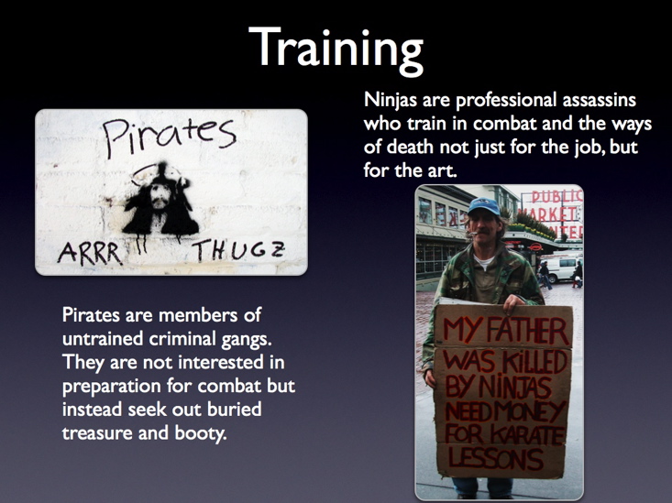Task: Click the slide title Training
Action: click(x=336, y=50)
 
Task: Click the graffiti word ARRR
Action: click(x=90, y=253)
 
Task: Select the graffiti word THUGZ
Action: click(x=238, y=251)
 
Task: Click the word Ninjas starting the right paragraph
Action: click(x=391, y=101)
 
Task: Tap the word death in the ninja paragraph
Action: click(x=411, y=147)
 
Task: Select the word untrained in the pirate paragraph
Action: click(x=103, y=339)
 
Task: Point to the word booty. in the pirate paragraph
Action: click(x=200, y=433)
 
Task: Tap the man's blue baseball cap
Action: click(x=484, y=206)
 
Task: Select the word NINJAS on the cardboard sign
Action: click(x=514, y=387)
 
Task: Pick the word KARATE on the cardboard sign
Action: click(x=527, y=434)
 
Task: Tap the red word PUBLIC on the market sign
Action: click(x=557, y=196)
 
